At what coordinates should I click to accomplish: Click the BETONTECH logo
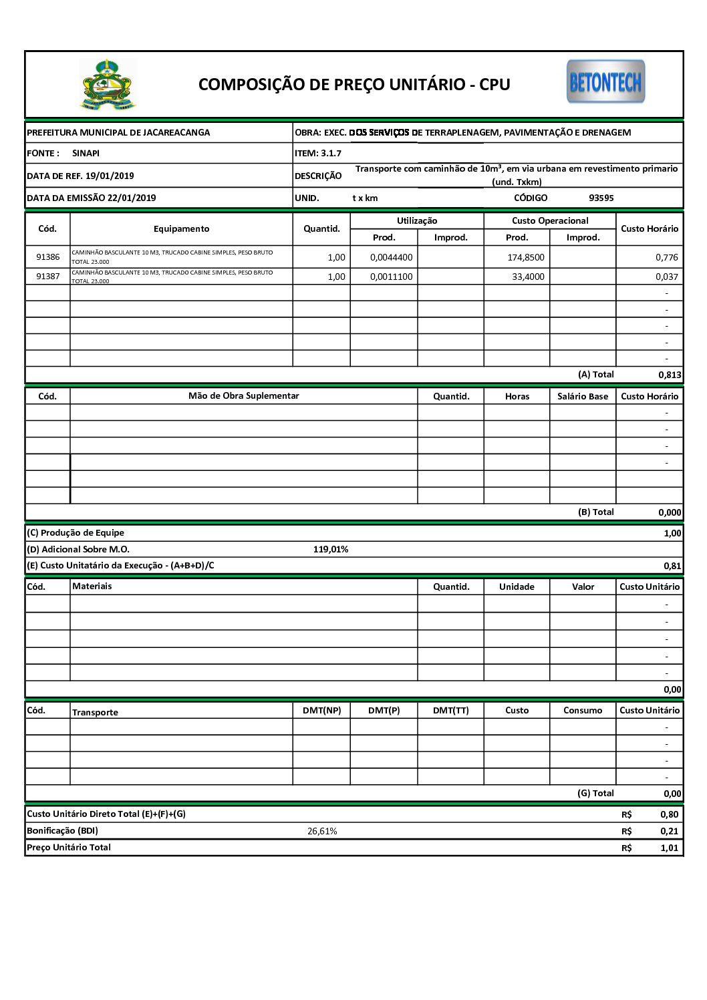605,81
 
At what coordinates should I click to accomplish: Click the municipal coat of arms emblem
108,85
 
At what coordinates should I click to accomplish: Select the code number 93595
601,198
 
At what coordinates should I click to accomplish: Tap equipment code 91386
47,257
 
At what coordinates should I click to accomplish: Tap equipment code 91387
47,277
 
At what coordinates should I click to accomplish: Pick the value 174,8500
526,257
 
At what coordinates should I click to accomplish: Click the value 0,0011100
392,277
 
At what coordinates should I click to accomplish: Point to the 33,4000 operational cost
528,277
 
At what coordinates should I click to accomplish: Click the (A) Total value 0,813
670,375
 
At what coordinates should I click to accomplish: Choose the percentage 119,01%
331,549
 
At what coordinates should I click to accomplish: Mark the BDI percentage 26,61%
322,831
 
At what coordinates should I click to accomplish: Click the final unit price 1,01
669,848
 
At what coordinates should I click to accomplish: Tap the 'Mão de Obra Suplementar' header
243,396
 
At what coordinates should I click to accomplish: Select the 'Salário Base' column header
583,396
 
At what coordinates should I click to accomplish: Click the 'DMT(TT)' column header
450,710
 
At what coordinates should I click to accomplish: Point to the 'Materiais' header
92,587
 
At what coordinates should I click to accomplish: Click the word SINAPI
86,153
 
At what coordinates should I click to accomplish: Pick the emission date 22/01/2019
132,198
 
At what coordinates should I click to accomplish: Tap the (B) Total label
595,512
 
